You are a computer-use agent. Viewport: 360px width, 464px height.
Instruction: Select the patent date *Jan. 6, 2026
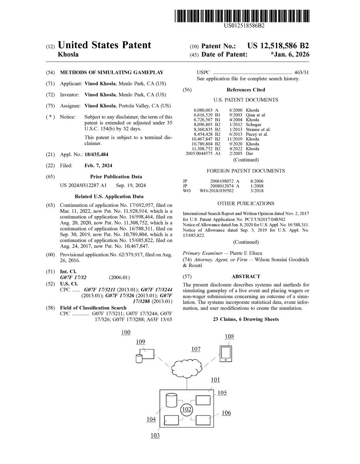click(290, 55)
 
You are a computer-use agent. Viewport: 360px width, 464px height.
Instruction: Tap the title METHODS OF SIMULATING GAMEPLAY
click(112, 72)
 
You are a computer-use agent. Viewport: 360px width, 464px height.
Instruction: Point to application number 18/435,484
click(96, 155)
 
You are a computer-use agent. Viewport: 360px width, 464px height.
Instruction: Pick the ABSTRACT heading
click(246, 276)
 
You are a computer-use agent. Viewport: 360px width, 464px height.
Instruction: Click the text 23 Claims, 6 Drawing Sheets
click(246, 319)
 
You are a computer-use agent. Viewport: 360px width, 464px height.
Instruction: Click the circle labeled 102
click(187, 409)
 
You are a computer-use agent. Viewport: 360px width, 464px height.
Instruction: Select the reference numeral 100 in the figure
click(126, 332)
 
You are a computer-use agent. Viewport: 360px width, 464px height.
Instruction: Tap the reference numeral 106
click(226, 413)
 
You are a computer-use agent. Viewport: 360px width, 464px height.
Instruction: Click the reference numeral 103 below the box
click(155, 435)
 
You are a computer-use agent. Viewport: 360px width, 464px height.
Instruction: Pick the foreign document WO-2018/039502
click(216, 191)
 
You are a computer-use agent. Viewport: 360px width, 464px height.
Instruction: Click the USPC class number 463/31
click(300, 72)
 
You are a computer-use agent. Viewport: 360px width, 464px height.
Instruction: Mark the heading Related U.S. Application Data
click(109, 196)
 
